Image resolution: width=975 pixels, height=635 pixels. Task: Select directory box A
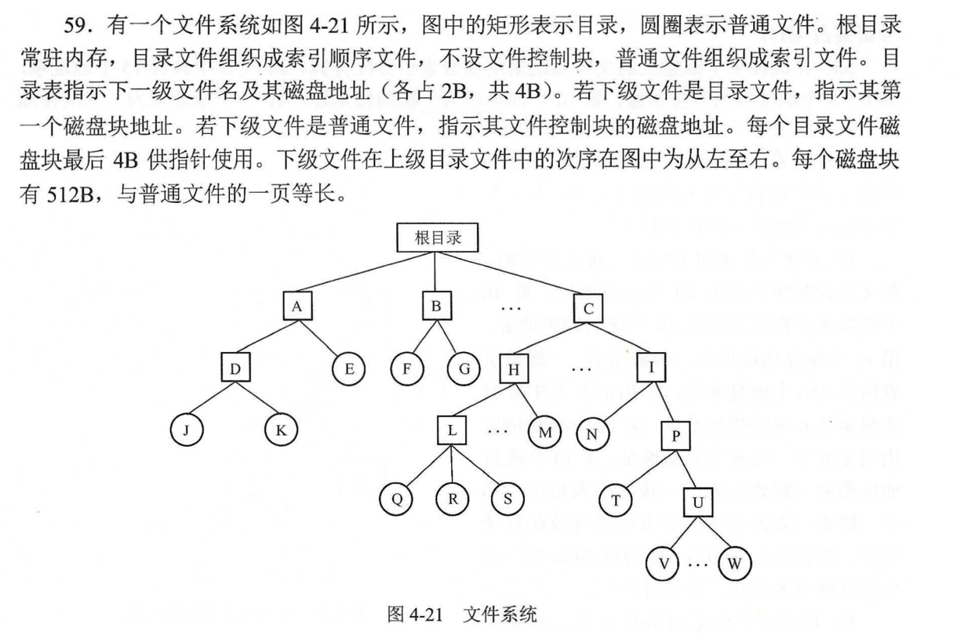[x=297, y=307]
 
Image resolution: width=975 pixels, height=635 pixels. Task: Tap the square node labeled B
[x=436, y=307]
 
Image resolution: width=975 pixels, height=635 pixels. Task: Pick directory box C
[x=588, y=309]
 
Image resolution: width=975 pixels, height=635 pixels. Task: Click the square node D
[x=235, y=368]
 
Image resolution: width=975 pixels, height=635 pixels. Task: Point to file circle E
[x=348, y=368]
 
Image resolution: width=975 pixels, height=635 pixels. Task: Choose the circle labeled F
[x=406, y=368]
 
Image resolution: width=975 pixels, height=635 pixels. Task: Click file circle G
[x=464, y=368]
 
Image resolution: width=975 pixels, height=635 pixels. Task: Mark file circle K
[x=280, y=430]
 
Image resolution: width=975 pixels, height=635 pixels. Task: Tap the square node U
[x=697, y=502]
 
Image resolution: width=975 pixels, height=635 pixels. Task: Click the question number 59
[x=80, y=25]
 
